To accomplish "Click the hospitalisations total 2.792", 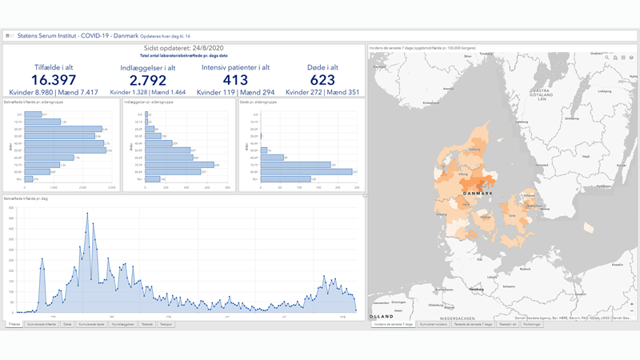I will [x=143, y=80].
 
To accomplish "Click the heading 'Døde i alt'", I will [x=323, y=67].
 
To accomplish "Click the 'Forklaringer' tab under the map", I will [x=532, y=324].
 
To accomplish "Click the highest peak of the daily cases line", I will [x=88, y=213].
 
